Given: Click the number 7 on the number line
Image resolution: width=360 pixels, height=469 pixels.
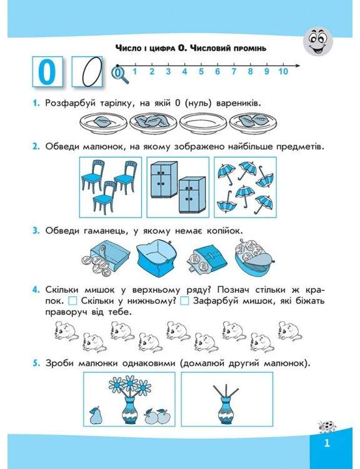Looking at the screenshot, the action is [234, 71].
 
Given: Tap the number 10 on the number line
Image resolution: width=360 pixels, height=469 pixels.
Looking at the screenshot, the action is [282, 71].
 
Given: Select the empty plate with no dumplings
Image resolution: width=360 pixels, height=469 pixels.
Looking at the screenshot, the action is [204, 123].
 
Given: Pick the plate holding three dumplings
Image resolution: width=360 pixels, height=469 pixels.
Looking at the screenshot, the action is [154, 122].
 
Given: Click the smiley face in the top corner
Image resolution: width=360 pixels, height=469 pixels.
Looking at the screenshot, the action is [318, 41].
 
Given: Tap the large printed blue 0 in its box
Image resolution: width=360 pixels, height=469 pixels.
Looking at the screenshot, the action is [47, 72].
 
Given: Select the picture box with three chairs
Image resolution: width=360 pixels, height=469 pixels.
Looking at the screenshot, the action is [111, 187].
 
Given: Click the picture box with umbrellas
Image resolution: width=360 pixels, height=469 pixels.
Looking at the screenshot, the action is [245, 187].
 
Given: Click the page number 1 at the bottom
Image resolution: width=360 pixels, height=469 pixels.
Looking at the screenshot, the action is [327, 443].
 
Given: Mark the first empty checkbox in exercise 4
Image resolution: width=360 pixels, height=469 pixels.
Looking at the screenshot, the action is [72, 301].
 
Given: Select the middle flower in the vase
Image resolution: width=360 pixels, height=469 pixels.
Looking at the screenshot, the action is [130, 383].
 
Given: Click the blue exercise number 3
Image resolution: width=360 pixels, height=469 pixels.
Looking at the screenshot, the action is [36, 231].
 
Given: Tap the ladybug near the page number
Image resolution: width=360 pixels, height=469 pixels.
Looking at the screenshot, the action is [327, 427].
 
